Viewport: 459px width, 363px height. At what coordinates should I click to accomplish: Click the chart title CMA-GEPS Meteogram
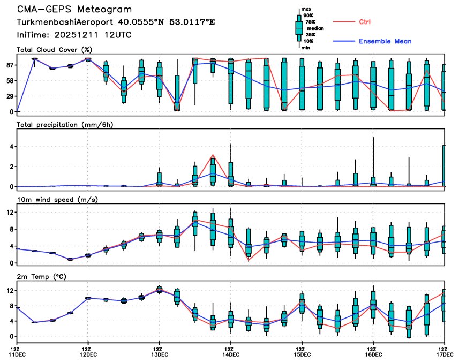click(74, 10)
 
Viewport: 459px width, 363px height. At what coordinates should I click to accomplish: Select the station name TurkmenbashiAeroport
click(66, 23)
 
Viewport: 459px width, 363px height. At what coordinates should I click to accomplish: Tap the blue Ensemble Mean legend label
click(385, 41)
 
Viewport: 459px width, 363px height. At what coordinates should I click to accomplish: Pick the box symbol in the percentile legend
click(299, 28)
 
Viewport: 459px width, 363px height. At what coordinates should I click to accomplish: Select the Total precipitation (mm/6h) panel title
click(65, 125)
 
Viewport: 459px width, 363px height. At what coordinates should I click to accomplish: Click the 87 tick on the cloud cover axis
click(9, 65)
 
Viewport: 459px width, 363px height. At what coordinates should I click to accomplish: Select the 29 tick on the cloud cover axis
click(9, 96)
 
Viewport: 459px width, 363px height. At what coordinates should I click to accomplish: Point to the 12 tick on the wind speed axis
click(10, 212)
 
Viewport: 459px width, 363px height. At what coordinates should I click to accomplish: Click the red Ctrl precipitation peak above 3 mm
click(213, 155)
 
